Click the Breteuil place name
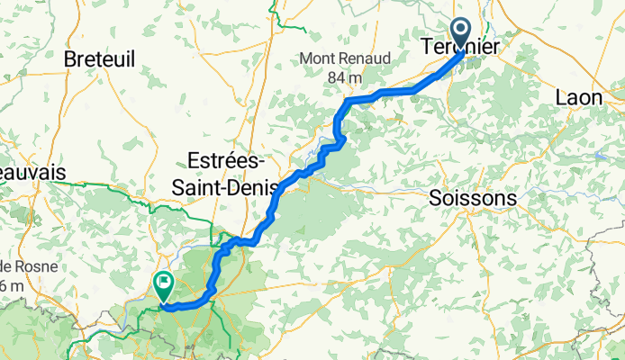(100, 59)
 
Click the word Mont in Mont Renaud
(318, 60)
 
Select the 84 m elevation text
(343, 77)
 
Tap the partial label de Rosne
(29, 267)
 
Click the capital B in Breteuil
(70, 59)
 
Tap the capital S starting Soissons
(436, 197)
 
